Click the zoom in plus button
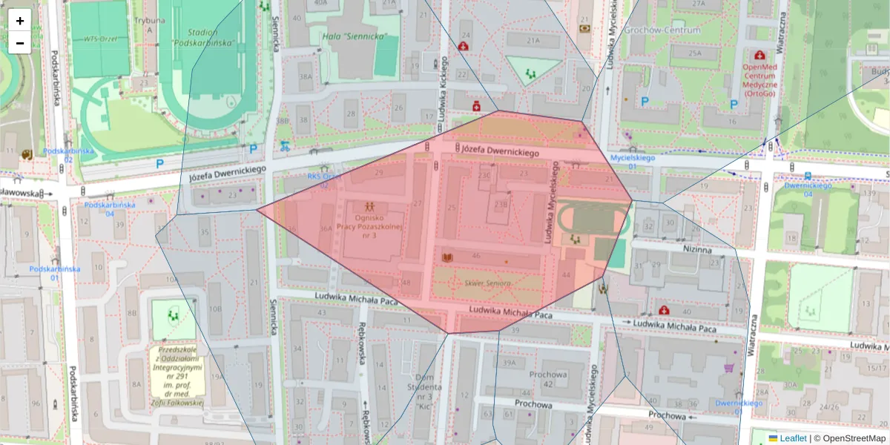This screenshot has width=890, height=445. pos(20,20)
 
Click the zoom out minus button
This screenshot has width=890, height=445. pos(20,43)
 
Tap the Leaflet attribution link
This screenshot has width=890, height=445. pos(793,438)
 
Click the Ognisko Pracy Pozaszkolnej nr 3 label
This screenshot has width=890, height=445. pos(369,225)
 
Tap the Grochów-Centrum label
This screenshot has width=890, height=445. pos(662,30)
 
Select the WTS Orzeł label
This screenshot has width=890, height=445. pos(100,39)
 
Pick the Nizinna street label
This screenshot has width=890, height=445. pos(697,250)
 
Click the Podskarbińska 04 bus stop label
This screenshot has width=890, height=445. pos(99,208)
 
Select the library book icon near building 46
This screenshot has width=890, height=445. pos(447,257)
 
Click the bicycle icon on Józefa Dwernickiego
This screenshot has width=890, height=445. pos(285,146)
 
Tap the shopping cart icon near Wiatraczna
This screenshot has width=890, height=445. pos(729,367)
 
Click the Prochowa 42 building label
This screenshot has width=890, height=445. pos(547,379)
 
